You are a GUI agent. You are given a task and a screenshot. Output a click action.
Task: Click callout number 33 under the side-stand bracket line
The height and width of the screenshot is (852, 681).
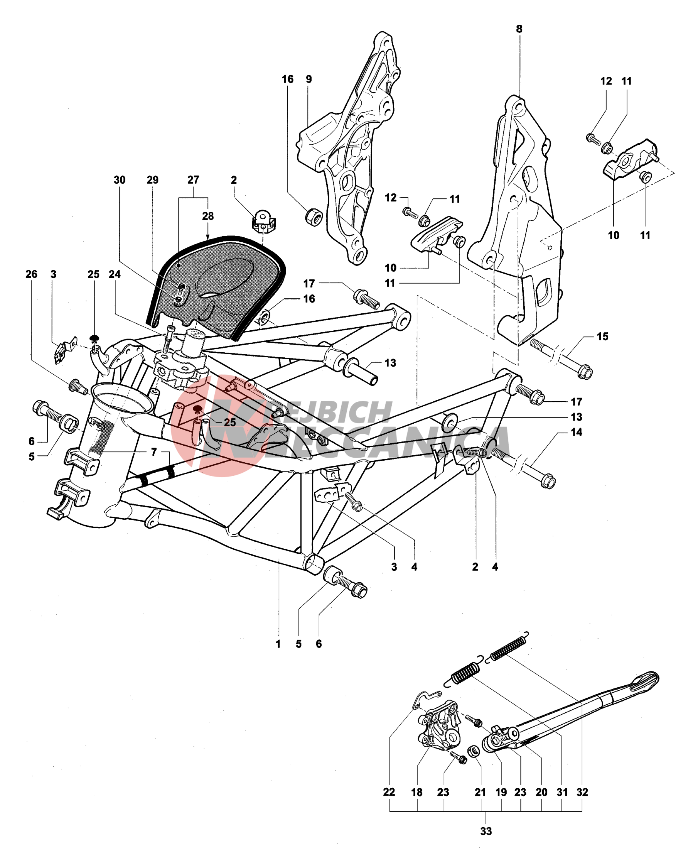tap(485, 831)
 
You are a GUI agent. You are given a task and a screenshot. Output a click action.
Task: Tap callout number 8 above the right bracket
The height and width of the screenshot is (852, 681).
tap(519, 29)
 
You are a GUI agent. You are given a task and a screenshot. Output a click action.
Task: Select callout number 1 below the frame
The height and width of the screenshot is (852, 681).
tap(278, 644)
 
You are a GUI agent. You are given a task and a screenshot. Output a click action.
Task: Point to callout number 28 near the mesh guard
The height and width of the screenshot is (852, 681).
tap(208, 216)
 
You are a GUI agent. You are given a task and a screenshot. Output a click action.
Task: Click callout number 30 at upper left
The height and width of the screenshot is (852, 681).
tap(119, 180)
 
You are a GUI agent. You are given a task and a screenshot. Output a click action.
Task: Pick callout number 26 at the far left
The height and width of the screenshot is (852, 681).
tap(31, 274)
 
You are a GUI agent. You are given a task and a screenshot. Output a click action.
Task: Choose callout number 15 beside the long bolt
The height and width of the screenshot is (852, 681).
tap(602, 336)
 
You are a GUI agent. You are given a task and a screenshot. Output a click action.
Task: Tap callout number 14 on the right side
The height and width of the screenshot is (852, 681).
tap(576, 432)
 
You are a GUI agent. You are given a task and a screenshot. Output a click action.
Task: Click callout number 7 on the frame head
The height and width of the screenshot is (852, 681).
tap(154, 452)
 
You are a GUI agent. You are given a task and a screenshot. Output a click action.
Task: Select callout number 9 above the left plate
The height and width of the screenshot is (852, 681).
tap(308, 79)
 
